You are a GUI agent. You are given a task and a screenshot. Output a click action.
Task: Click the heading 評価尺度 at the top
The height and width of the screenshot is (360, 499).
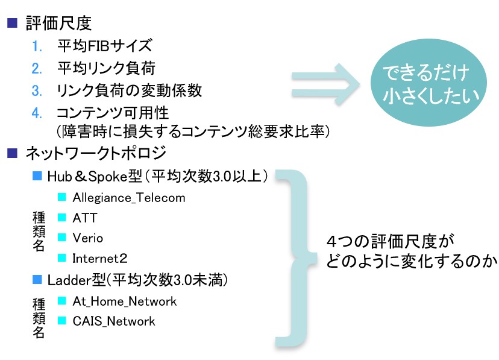pyautogui.click(x=59, y=24)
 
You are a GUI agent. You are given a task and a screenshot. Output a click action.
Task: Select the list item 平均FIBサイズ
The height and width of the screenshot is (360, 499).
pyautogui.click(x=105, y=45)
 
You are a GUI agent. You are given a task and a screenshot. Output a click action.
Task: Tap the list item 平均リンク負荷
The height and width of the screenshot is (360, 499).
pyautogui.click(x=106, y=68)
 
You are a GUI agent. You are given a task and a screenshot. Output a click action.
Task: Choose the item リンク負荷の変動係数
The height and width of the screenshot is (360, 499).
pyautogui.click(x=129, y=90)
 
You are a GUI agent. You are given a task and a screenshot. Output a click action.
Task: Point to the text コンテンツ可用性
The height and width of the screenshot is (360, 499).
pyautogui.click(x=113, y=113)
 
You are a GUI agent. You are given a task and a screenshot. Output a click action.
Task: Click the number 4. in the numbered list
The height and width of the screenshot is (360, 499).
pyautogui.click(x=37, y=113)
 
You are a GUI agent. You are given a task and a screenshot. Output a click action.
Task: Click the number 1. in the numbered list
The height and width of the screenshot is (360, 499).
pyautogui.click(x=37, y=46)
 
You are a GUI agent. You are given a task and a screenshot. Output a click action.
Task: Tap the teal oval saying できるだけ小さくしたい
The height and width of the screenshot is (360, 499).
pyautogui.click(x=428, y=83)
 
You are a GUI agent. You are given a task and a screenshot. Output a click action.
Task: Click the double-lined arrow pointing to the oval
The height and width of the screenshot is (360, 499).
pyautogui.click(x=326, y=84)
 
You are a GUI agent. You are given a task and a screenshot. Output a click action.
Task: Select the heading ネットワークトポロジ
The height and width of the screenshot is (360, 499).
pyautogui.click(x=96, y=153)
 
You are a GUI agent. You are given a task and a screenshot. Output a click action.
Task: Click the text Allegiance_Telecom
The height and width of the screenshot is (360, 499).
pyautogui.click(x=129, y=198)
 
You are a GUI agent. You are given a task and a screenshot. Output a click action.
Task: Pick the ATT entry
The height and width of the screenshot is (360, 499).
pyautogui.click(x=84, y=218)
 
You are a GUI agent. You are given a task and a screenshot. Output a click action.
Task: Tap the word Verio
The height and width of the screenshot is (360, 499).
pyautogui.click(x=88, y=238)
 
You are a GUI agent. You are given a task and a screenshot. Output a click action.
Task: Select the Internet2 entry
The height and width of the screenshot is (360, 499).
pyautogui.click(x=100, y=259)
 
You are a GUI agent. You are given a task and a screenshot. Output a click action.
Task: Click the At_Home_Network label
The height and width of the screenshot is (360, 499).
pyautogui.click(x=124, y=301)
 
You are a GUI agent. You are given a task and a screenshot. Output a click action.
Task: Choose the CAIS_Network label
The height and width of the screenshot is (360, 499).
pyautogui.click(x=114, y=321)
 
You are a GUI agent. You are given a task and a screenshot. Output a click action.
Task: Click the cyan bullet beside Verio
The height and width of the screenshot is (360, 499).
pyautogui.click(x=61, y=238)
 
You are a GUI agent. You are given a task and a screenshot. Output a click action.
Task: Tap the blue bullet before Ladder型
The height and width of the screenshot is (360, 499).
pyautogui.click(x=37, y=280)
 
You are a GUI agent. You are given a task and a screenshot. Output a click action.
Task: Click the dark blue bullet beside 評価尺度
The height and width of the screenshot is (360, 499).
pyautogui.click(x=12, y=23)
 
